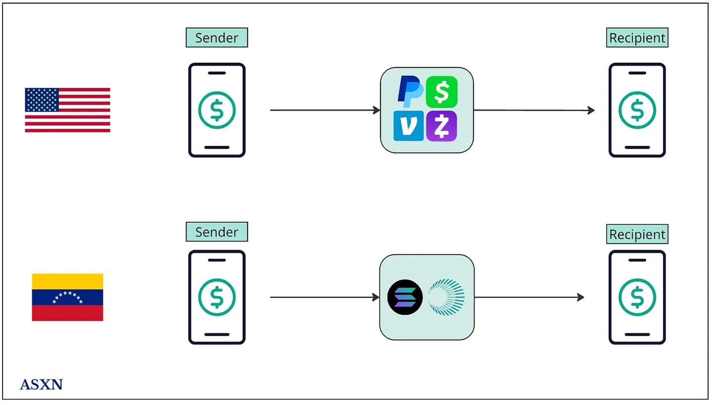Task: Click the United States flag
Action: (x=67, y=110)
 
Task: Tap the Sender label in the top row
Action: (x=217, y=38)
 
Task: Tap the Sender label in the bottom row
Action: (x=217, y=232)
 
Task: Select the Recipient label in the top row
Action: (x=637, y=38)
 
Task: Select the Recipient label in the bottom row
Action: (x=637, y=234)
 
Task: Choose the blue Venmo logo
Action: (x=408, y=126)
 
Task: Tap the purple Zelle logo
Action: (x=442, y=126)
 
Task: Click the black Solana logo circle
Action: (x=405, y=297)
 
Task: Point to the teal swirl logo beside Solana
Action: (x=446, y=297)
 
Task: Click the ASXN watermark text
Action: (x=42, y=384)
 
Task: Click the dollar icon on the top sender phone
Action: (x=217, y=110)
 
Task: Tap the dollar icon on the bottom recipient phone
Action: (x=637, y=297)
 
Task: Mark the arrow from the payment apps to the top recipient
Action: (x=534, y=110)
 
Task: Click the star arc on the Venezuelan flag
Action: (x=67, y=296)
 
